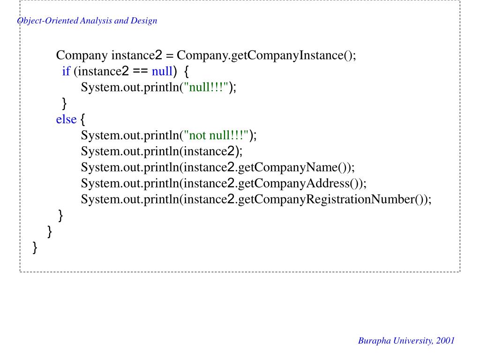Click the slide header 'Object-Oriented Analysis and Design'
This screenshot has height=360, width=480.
(x=87, y=21)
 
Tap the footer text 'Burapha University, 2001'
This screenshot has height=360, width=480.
(x=406, y=341)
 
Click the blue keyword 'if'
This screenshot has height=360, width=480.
(x=66, y=71)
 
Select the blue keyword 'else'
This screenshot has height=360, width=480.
(x=66, y=120)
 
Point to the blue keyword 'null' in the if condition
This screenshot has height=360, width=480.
(x=162, y=71)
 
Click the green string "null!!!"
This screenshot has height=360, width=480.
(x=207, y=87)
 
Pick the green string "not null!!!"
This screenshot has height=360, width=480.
(x=216, y=135)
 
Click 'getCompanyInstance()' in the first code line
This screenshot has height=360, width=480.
(x=292, y=55)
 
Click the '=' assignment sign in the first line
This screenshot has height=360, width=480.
(x=170, y=55)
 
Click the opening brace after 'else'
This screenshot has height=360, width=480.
(x=83, y=120)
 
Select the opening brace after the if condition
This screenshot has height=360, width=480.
(x=186, y=72)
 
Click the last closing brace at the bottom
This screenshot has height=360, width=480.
(x=35, y=247)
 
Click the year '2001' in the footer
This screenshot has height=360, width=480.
(x=445, y=341)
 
